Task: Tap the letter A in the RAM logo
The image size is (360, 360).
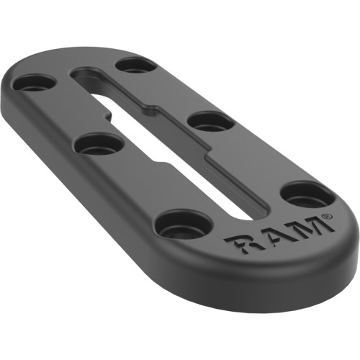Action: (271, 234)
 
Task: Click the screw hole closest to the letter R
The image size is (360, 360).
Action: (184, 226)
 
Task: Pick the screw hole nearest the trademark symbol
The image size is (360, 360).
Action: (307, 197)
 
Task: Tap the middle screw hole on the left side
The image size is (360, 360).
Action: (99, 146)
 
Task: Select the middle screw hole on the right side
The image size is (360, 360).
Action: (211, 122)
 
